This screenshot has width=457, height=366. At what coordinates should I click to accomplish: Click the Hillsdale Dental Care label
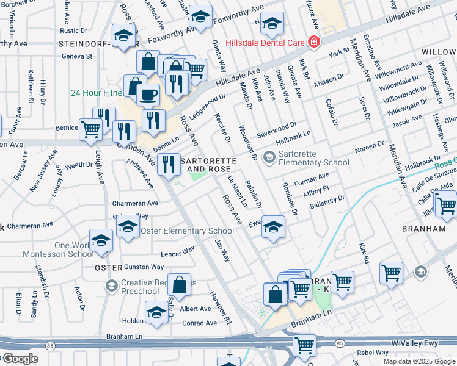click(265, 43)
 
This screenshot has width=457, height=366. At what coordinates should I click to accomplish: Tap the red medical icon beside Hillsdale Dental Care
click(313, 42)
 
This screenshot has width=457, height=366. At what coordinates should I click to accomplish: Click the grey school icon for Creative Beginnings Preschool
click(111, 285)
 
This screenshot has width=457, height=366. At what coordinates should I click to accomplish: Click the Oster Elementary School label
click(187, 231)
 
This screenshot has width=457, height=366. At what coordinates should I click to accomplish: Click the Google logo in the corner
click(20, 359)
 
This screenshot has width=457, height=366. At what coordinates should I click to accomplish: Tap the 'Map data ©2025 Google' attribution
click(419, 361)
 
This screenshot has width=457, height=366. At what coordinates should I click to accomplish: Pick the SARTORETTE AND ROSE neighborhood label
click(208, 164)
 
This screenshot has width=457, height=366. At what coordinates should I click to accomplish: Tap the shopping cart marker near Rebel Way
click(304, 345)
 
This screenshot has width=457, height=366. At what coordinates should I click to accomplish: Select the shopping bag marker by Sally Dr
click(179, 284)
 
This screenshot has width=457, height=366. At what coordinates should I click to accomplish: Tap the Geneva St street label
click(76, 56)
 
